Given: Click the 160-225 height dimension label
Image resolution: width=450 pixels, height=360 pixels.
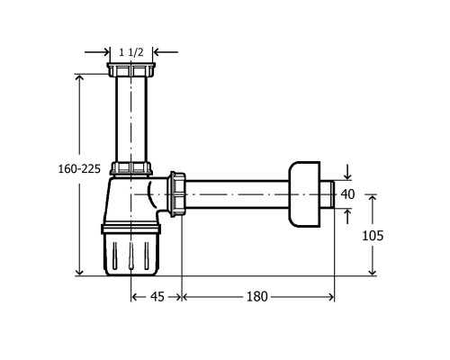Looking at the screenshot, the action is (79, 169).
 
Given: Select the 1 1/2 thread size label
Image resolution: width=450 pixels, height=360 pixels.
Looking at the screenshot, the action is (131, 52).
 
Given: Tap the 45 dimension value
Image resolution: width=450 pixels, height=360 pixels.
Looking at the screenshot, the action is (157, 297).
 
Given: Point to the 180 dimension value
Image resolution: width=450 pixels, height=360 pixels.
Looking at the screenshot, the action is (256, 297).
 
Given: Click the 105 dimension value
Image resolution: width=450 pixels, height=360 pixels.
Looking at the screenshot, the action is (373, 236).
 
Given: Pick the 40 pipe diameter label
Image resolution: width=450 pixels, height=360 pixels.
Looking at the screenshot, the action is (347, 194).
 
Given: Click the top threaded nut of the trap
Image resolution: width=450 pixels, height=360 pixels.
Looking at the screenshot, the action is (131, 69).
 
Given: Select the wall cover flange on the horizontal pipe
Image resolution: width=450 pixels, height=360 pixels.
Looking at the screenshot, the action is (304, 194).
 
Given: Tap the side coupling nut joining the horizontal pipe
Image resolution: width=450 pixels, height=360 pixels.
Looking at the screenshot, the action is (177, 194).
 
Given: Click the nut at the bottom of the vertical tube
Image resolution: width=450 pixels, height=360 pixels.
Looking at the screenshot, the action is (131, 168).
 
